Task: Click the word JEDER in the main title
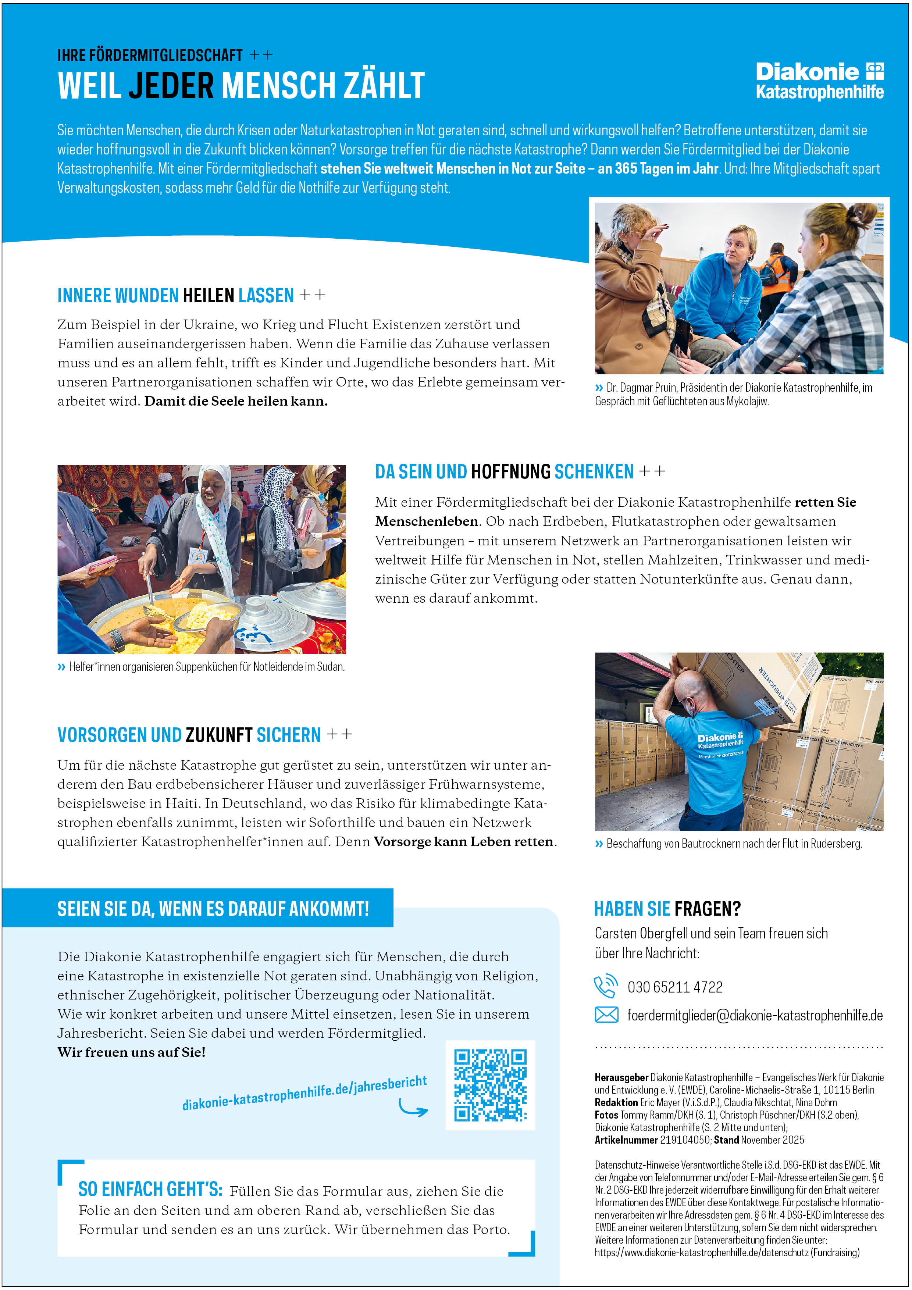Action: click(171, 86)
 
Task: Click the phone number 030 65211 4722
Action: click(675, 987)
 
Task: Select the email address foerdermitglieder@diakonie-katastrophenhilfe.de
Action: click(755, 1015)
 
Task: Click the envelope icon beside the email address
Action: click(606, 1015)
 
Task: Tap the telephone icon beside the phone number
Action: click(606, 987)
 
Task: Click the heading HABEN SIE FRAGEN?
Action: click(667, 909)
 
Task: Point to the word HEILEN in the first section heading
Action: click(208, 296)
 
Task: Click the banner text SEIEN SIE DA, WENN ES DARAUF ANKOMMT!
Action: click(213, 909)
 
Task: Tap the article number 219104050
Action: click(685, 1140)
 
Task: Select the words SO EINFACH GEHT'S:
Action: click(150, 1190)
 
